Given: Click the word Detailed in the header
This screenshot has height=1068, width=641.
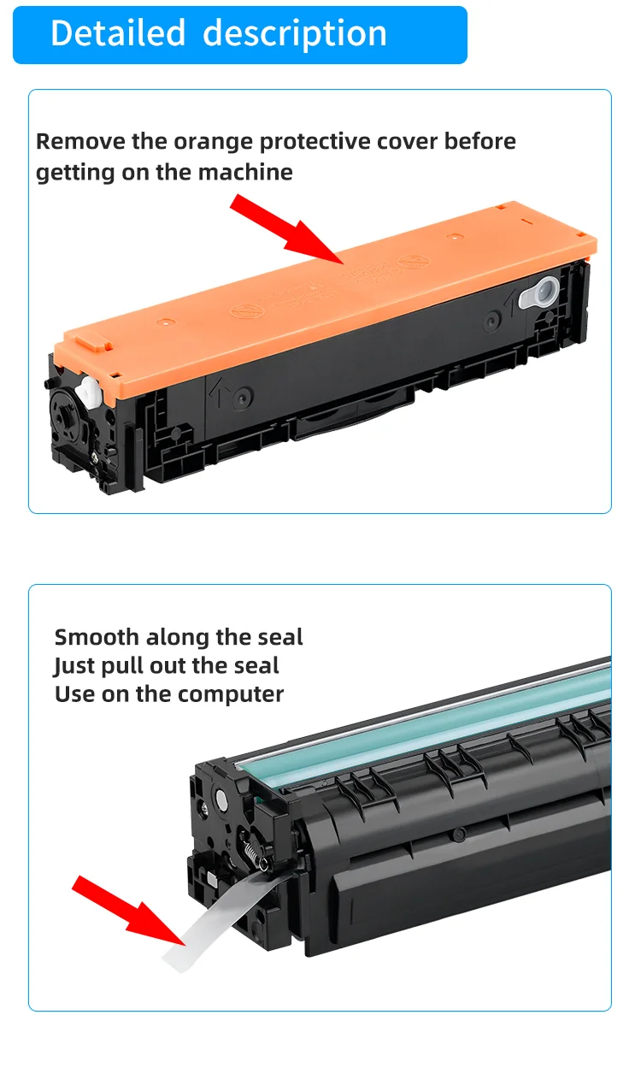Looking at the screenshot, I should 117,33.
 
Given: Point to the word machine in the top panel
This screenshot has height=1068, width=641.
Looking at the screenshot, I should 245,173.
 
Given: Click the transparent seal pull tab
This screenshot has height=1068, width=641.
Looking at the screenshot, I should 214,928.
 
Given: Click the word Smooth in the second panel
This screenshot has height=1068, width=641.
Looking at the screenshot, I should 95,637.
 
